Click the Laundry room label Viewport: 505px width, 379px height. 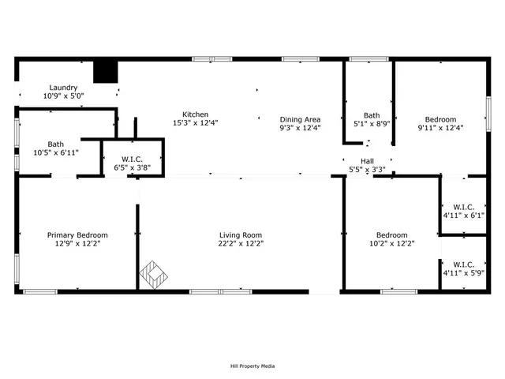[63, 88]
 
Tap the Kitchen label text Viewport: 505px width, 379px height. [196, 114]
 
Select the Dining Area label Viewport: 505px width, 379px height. [300, 119]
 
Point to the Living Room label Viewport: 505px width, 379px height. [241, 235]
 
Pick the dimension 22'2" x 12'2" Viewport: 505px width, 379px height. [241, 244]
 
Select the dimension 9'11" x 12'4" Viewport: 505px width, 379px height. [441, 128]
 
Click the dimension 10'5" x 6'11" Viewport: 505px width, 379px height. [55, 152]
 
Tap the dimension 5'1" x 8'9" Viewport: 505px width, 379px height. [372, 123]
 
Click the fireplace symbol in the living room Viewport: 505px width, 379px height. [154, 274]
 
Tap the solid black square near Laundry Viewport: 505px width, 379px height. [105, 71]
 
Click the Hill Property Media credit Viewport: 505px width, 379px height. [252, 366]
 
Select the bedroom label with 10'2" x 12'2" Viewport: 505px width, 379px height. [391, 235]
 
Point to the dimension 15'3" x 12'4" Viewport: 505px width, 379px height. [196, 123]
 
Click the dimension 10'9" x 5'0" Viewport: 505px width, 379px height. [63, 96]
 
